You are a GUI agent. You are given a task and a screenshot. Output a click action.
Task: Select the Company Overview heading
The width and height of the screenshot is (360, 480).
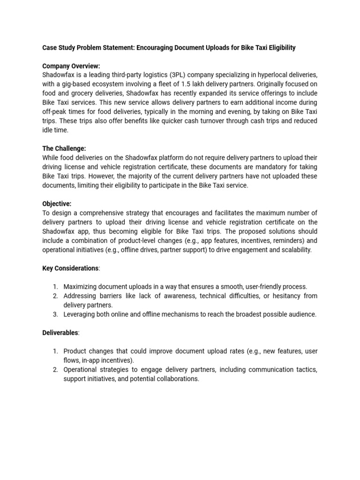[x=71, y=66]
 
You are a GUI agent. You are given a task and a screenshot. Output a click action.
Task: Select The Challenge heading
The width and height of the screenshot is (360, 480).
[x=64, y=149]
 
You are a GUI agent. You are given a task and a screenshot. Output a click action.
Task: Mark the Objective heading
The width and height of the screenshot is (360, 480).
[x=57, y=204]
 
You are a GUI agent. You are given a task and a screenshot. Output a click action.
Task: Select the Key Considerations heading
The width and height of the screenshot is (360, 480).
[x=70, y=268]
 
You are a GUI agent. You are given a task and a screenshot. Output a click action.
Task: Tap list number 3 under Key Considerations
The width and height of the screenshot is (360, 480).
[x=55, y=314]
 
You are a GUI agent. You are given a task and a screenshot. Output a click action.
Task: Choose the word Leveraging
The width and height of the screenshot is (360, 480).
[x=80, y=314]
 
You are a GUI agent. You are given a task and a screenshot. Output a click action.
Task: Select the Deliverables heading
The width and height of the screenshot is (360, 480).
[x=60, y=332]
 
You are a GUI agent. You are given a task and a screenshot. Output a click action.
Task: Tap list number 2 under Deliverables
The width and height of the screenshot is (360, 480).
[x=55, y=369]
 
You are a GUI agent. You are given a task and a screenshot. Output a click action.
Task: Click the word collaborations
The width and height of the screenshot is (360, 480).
[x=176, y=379]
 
